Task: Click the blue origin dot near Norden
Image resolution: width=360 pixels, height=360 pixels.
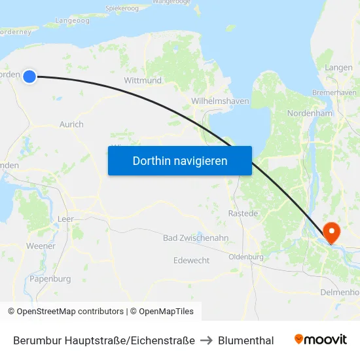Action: click(29, 77)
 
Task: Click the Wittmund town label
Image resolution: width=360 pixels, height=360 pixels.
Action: click(143, 81)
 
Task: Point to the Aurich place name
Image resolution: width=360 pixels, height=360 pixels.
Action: click(71, 124)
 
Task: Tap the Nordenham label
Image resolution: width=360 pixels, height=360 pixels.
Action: click(310, 113)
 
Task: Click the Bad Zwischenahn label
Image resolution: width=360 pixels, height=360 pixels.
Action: click(196, 238)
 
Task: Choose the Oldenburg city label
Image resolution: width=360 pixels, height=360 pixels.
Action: click(246, 257)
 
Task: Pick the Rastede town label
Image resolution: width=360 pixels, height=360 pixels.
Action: click(243, 213)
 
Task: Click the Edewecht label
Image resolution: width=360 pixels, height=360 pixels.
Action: click(192, 260)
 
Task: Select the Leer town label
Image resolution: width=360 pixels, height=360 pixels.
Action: click(65, 219)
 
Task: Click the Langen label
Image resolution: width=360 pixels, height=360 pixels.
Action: click(338, 67)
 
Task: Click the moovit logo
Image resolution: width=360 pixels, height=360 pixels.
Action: click(320, 340)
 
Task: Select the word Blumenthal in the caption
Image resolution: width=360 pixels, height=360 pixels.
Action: click(245, 340)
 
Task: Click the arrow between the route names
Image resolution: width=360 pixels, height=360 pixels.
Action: click(206, 340)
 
